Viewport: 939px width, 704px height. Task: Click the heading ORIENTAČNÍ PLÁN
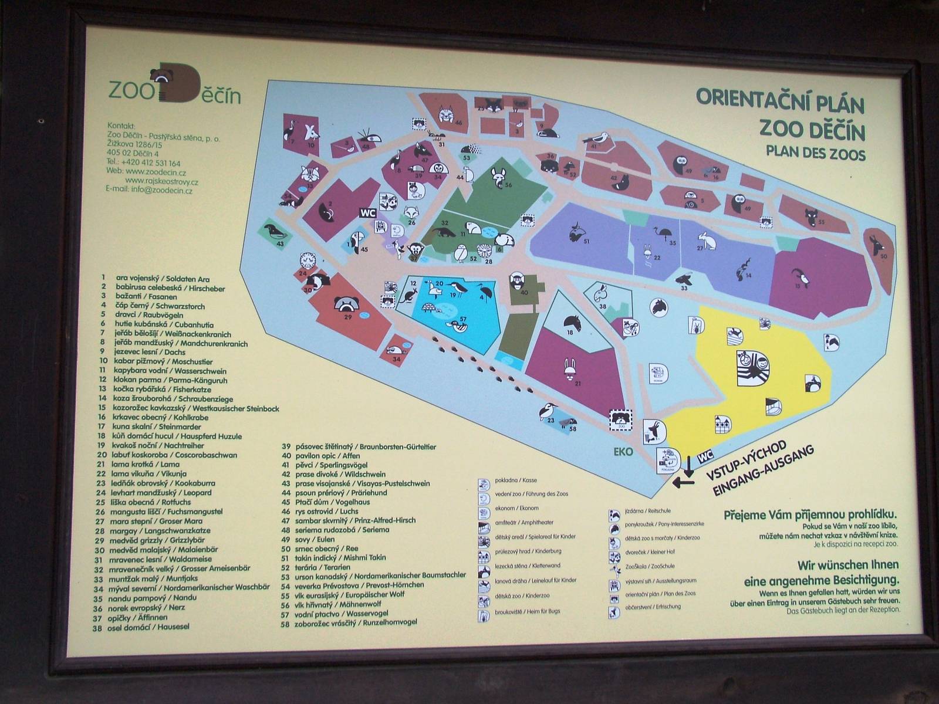781,100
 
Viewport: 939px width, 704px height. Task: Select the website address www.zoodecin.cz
154,172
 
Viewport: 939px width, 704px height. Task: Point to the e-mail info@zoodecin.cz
150,190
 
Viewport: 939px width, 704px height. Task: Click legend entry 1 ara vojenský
155,279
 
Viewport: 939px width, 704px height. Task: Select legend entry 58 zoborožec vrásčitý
349,622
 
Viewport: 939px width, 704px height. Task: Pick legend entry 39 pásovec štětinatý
359,446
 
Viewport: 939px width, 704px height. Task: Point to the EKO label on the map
623,452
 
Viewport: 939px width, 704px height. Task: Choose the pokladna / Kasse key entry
508,480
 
